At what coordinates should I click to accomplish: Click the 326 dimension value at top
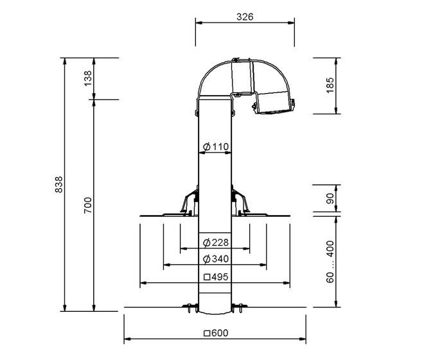245,17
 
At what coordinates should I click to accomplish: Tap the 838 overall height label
58,184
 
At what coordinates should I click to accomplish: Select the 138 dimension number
88,78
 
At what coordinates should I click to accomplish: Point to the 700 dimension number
88,205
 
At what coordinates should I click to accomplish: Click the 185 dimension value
330,85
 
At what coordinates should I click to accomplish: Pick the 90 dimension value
330,198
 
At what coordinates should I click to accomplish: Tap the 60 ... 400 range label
330,262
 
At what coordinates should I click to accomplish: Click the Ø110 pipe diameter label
216,147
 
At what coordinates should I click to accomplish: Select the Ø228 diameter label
216,243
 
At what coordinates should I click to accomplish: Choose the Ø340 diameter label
216,259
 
